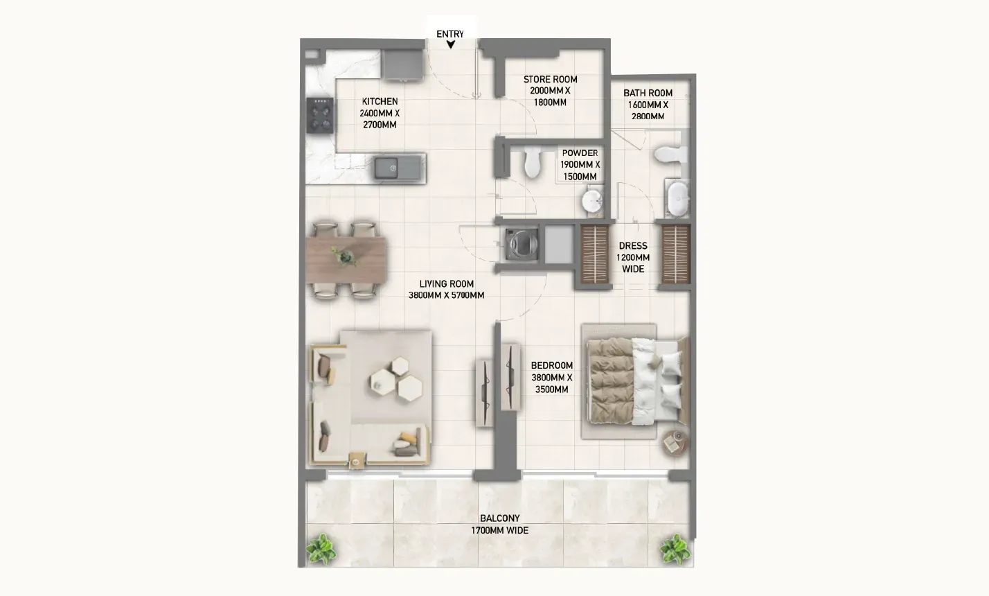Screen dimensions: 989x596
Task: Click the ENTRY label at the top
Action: [x=450, y=34]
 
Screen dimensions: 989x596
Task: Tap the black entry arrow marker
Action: [x=450, y=44]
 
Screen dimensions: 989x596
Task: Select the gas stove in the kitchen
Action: [x=320, y=115]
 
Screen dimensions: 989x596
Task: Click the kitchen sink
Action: [x=398, y=168]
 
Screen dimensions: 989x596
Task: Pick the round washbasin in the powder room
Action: [x=592, y=201]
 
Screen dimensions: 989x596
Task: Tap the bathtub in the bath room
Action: [x=677, y=199]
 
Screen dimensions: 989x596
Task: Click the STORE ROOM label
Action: [x=550, y=80]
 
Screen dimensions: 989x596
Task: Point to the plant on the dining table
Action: [x=345, y=256]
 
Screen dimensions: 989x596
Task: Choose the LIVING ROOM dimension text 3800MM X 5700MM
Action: [x=446, y=295]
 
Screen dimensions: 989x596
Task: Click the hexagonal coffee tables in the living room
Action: [x=396, y=379]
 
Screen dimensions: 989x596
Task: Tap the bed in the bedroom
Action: [x=636, y=382]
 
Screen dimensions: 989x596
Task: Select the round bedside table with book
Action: [x=675, y=444]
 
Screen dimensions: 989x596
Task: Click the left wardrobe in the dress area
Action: [x=594, y=254]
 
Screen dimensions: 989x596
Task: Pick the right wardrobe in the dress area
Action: [x=675, y=254]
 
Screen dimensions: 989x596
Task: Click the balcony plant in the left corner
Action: [x=321, y=549]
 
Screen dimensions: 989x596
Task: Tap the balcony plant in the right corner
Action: [x=675, y=550]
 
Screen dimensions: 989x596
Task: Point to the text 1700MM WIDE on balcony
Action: [x=499, y=530]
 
